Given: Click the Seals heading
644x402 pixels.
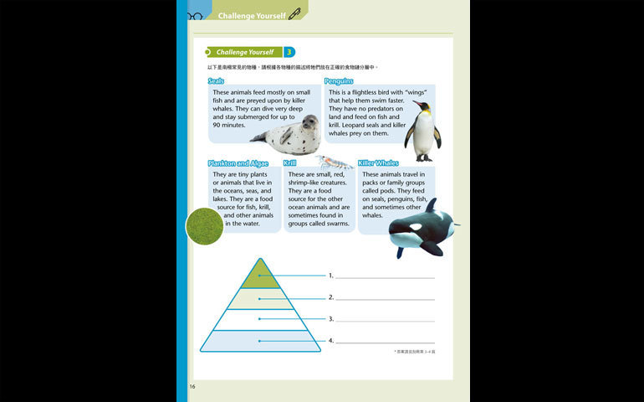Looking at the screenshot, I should point(216,81).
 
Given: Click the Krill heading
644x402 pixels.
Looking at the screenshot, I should point(289,163).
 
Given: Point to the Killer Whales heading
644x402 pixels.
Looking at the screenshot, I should point(378,163).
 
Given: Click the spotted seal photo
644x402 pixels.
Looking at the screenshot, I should point(287,135).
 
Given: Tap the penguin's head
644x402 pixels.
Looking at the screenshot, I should point(421,108).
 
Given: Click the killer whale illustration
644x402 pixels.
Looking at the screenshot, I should point(422,229).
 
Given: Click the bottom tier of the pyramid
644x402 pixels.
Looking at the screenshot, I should point(260,340).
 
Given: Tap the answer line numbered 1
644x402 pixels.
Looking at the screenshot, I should point(385,276).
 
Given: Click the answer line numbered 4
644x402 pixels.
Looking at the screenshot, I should point(385,342).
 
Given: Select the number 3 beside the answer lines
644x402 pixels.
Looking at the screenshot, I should point(331,319).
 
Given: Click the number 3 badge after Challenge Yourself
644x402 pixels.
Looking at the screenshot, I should point(289,52).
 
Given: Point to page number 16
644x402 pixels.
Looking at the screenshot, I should point(192,387).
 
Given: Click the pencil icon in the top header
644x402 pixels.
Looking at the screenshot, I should point(294,14).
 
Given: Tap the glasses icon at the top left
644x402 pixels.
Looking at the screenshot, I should point(195,15).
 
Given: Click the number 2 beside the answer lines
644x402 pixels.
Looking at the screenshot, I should point(331,297).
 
